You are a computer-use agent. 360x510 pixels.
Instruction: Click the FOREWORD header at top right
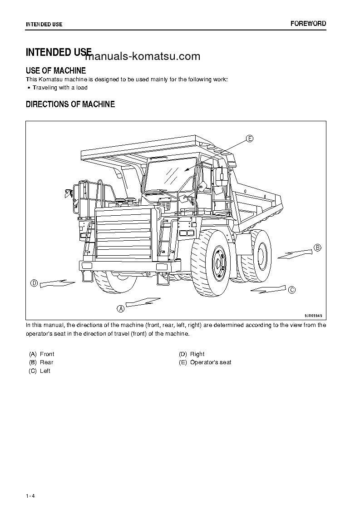tap(308, 24)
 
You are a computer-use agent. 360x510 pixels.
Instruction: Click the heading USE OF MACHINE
tap(56, 70)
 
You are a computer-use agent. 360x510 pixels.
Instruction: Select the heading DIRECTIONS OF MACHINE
tap(70, 104)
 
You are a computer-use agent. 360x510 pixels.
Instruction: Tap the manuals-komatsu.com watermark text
tap(143, 56)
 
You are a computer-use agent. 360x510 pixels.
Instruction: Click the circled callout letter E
tap(250, 139)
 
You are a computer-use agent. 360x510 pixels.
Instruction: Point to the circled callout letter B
tap(317, 248)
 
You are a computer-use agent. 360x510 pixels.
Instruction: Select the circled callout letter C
tap(292, 289)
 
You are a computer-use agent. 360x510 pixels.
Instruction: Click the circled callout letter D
tap(34, 283)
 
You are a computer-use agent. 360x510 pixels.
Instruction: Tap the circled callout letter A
tap(121, 308)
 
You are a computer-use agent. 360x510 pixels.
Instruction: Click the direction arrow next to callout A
tap(143, 302)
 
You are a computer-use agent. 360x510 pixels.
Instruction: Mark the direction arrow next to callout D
tap(57, 283)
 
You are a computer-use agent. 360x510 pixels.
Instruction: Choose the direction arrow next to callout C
tap(268, 289)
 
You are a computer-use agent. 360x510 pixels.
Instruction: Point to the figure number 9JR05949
tap(313, 315)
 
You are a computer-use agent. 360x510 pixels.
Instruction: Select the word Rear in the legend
tap(47, 362)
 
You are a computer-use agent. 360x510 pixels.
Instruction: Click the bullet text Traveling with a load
tap(60, 88)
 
